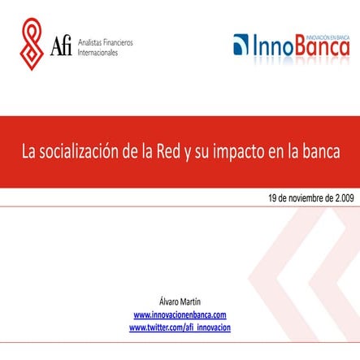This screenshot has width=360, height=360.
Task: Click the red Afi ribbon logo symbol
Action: coord(33,44)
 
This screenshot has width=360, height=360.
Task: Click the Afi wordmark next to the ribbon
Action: coord(61,46)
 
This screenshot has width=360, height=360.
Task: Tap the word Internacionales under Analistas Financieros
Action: coord(97,52)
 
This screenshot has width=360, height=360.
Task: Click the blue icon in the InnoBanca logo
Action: coord(241,46)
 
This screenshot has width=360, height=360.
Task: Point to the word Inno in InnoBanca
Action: coord(272,46)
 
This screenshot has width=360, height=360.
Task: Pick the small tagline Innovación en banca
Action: coord(327,35)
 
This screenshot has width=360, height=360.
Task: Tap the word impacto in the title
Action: coord(243,152)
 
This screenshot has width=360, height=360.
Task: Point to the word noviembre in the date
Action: coord(305,197)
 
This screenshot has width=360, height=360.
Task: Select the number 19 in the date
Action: coord(274,197)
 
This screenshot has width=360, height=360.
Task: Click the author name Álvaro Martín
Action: coord(180,302)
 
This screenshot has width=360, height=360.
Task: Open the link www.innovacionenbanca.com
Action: coord(180,314)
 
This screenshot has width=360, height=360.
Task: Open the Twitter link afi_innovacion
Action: coord(180,327)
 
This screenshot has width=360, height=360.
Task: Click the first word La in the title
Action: coord(30,152)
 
